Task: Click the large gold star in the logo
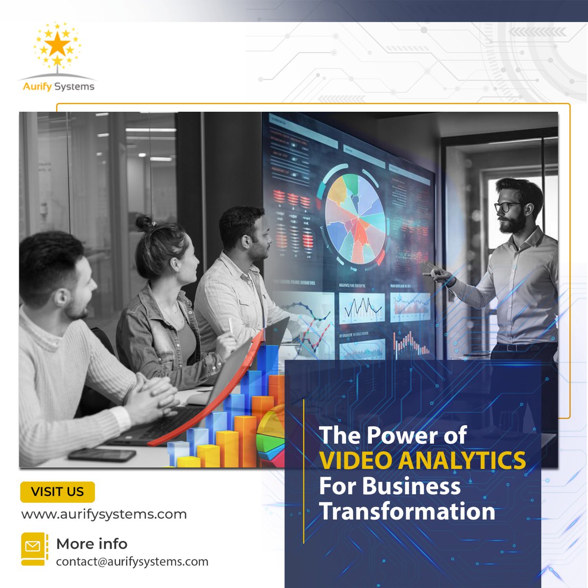click(x=58, y=45)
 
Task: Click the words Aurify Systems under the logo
click(x=58, y=87)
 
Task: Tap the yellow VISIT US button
click(x=57, y=492)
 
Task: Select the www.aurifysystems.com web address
click(x=104, y=514)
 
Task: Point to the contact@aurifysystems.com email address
click(x=132, y=562)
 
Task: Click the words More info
click(x=92, y=543)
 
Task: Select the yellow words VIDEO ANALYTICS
click(x=422, y=461)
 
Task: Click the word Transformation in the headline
click(x=407, y=511)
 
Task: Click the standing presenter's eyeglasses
click(x=507, y=207)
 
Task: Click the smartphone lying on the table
click(x=102, y=454)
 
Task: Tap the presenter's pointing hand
click(x=437, y=272)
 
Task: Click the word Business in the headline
click(x=411, y=486)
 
